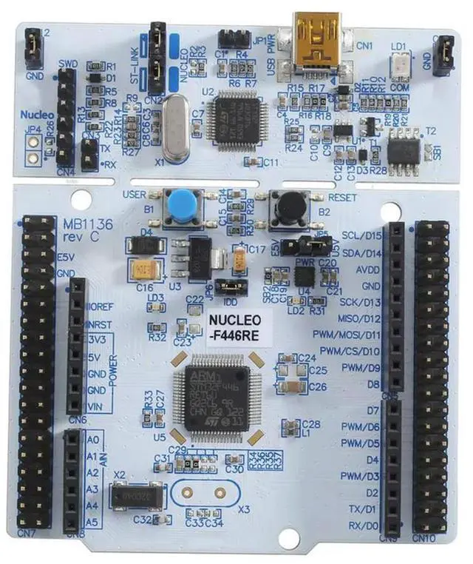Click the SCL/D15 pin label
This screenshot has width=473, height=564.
362,236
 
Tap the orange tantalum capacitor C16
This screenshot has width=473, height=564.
143,269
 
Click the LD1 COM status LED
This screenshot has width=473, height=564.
399,64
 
